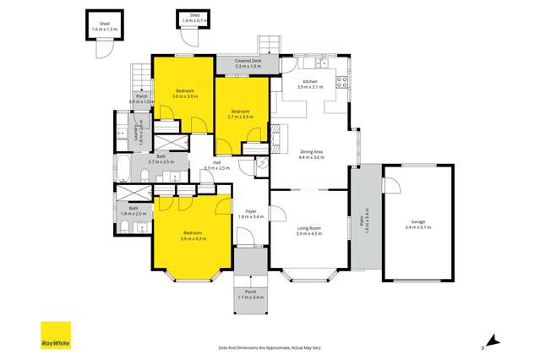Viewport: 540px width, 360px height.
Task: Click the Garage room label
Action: click(x=417, y=225)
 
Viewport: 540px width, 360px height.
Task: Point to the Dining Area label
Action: click(x=312, y=154)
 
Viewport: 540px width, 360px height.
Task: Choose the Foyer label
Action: click(x=251, y=214)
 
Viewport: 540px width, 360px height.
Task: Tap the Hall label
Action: click(x=216, y=165)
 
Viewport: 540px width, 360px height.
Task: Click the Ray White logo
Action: click(x=56, y=335)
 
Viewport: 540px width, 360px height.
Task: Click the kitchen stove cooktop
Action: click(x=342, y=82)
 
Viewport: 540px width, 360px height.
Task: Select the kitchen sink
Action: click(x=322, y=63)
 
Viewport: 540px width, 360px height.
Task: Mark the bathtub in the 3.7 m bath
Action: click(x=123, y=166)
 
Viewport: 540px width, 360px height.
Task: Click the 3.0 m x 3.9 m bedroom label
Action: click(x=184, y=93)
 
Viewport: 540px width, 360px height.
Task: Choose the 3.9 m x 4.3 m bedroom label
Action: click(x=194, y=236)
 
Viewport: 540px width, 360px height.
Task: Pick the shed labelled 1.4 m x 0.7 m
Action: click(x=194, y=18)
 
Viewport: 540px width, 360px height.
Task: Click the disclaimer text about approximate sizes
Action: click(x=270, y=346)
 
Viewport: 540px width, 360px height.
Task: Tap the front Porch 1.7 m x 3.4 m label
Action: click(x=251, y=294)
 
